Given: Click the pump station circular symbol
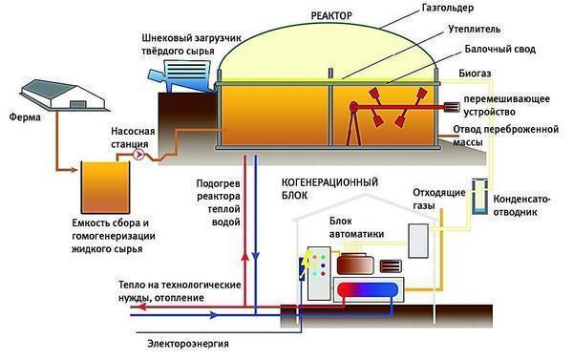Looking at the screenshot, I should click(x=139, y=154).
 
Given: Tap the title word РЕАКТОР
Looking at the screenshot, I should click(x=332, y=17).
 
